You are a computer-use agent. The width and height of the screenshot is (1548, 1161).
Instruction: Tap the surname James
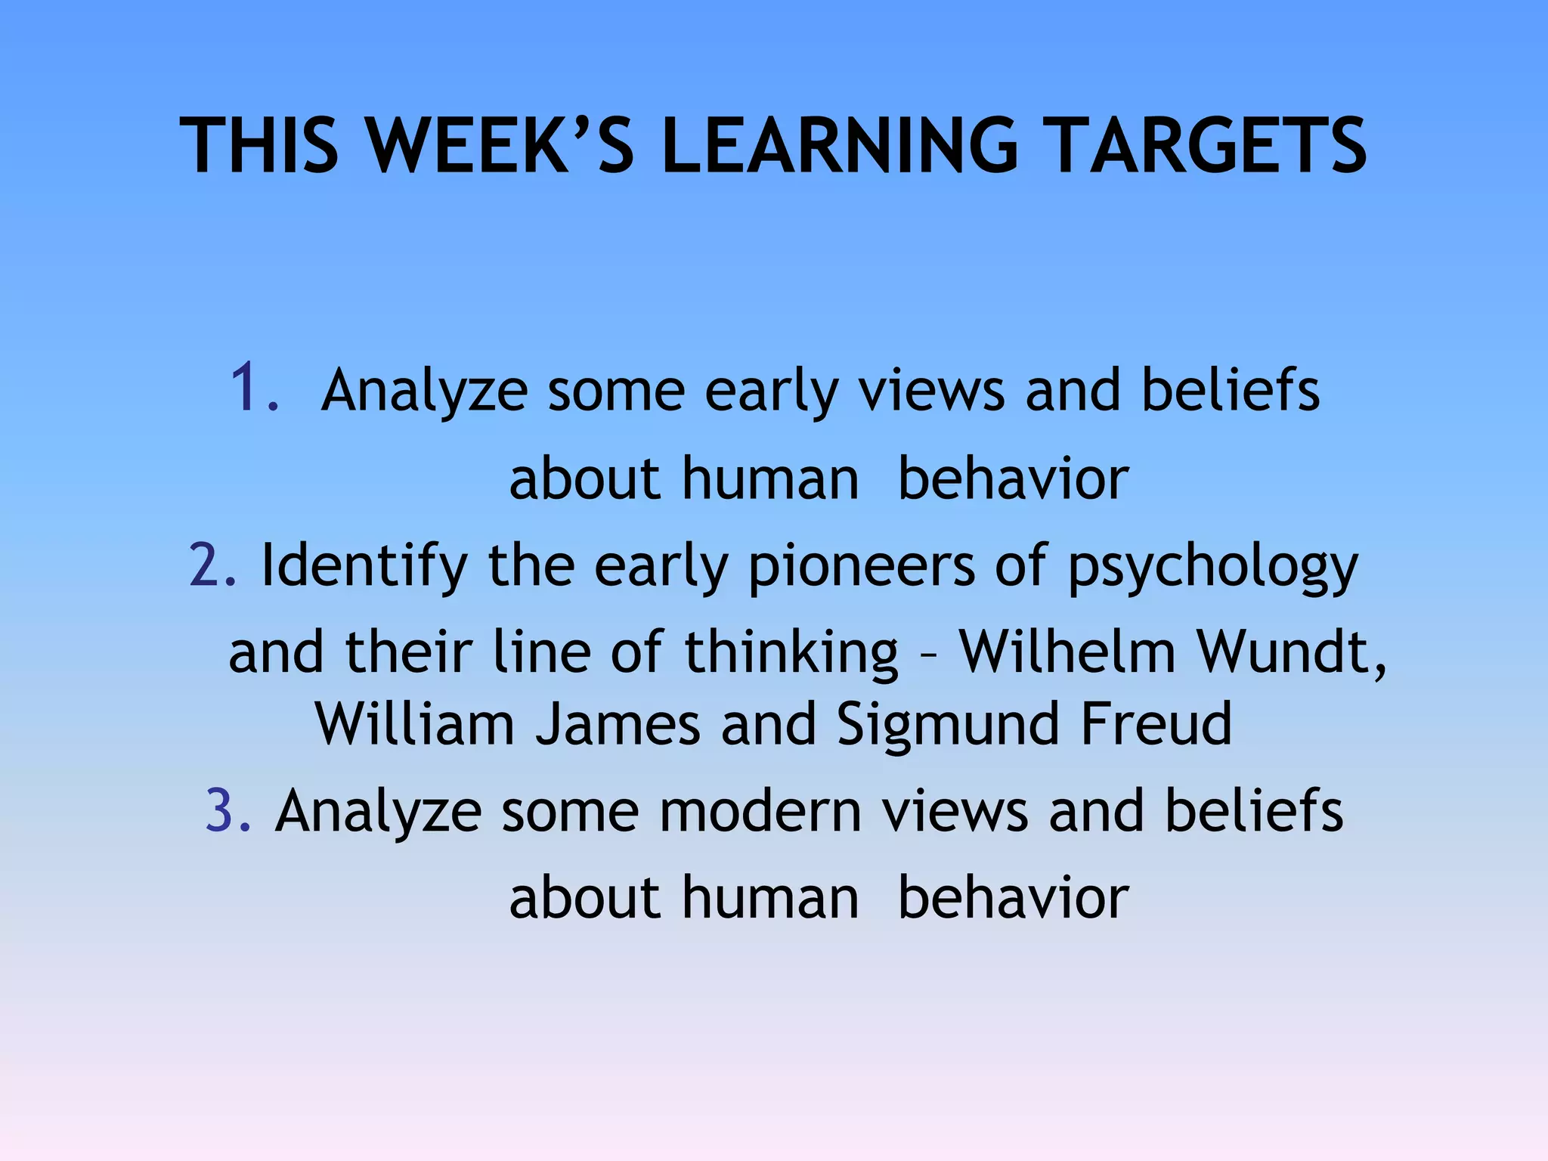[618, 724]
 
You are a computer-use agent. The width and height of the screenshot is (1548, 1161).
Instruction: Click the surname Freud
[1156, 724]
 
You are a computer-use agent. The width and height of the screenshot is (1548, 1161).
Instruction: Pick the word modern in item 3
[760, 811]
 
